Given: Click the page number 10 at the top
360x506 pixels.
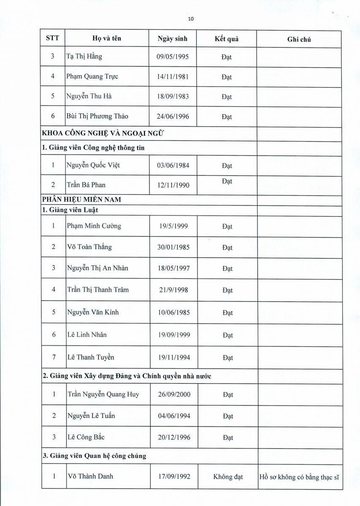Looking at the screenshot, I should pyautogui.click(x=191, y=19).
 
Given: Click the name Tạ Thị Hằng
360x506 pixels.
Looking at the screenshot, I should pyautogui.click(x=84, y=57).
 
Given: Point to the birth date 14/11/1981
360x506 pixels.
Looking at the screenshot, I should pyautogui.click(x=173, y=77).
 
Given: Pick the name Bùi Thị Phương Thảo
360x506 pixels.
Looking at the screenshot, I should pyautogui.click(x=97, y=116).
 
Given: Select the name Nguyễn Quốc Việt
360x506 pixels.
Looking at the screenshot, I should pyautogui.click(x=94, y=165).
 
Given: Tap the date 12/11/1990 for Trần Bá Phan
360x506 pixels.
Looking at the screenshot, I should pyautogui.click(x=173, y=185).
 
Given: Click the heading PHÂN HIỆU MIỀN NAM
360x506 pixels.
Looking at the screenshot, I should pyautogui.click(x=81, y=199).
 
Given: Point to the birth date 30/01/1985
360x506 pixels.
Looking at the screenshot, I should pyautogui.click(x=173, y=248).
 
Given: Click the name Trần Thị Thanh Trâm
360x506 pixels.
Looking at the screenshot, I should pyautogui.click(x=98, y=290).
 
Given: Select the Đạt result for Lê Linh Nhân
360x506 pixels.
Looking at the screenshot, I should pyautogui.click(x=228, y=335).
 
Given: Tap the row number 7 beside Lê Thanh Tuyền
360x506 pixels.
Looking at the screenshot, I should pyautogui.click(x=54, y=357).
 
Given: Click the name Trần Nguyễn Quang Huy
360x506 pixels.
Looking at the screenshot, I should pyautogui.click(x=103, y=395).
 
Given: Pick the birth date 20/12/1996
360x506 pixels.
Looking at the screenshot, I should pyautogui.click(x=173, y=437).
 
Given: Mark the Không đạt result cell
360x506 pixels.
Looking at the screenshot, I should pyautogui.click(x=228, y=477).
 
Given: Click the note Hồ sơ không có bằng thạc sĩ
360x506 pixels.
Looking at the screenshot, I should pyautogui.click(x=300, y=477).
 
